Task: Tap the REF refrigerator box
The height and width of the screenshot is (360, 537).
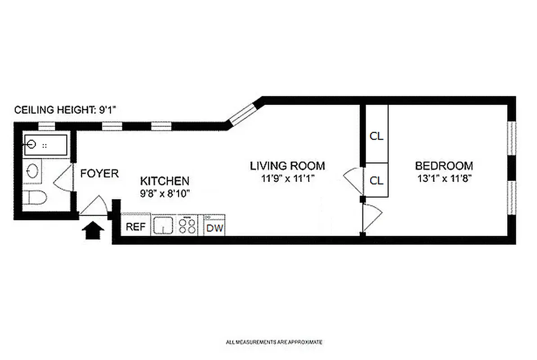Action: click(136, 227)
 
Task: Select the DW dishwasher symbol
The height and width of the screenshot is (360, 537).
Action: click(215, 227)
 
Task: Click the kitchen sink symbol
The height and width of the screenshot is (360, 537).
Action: click(163, 225)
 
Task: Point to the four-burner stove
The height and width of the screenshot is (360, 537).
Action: click(188, 225)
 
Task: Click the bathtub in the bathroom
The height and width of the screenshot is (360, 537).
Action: click(45, 145)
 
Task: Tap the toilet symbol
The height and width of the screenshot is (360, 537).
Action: click(34, 198)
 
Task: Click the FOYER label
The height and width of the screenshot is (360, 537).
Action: click(99, 174)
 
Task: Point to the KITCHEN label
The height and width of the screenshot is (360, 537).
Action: click(165, 181)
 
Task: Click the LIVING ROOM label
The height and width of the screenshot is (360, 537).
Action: click(287, 166)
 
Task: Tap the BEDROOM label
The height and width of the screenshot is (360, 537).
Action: click(444, 166)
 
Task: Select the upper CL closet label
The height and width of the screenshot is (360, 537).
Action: click(376, 136)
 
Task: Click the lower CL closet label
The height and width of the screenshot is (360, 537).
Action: click(376, 180)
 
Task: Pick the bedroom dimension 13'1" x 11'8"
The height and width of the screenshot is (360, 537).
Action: click(444, 178)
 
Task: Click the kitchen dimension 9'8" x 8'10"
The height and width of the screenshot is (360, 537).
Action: click(165, 194)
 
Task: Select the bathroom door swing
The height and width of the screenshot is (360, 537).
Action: click(63, 179)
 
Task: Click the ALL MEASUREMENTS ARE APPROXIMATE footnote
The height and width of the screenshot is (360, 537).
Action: click(274, 342)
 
